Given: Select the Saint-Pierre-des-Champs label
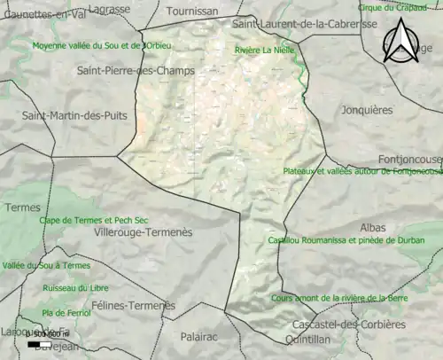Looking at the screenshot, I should click(x=136, y=70).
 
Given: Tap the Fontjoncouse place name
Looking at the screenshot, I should click(x=409, y=160).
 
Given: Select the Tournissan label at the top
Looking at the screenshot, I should click(x=192, y=11).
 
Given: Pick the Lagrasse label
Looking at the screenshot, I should click(x=109, y=8).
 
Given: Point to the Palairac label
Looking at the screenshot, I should click(x=205, y=337).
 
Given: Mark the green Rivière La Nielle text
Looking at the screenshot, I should click(x=263, y=51).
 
